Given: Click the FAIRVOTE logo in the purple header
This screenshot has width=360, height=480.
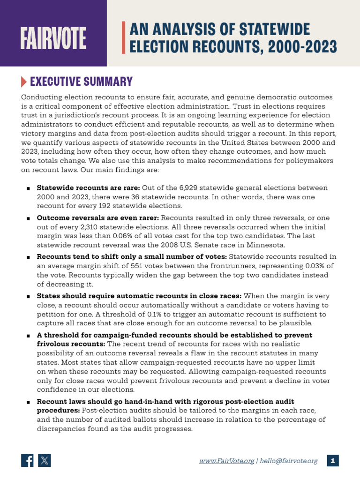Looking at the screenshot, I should [x=53, y=39].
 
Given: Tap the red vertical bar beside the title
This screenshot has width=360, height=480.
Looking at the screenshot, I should [x=124, y=37].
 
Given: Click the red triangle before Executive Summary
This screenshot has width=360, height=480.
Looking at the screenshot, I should [x=24, y=82].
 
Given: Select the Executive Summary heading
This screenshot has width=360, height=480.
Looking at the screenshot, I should [x=81, y=82].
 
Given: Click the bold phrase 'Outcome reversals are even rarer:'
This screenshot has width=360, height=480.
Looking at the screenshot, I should [x=97, y=218].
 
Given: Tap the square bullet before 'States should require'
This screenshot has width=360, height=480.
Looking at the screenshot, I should [x=29, y=297].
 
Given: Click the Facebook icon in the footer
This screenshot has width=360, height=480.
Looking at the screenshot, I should [x=28, y=460].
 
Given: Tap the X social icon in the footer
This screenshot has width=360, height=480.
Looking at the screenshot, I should [x=44, y=460].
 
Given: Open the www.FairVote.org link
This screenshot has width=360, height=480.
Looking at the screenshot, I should [x=226, y=461].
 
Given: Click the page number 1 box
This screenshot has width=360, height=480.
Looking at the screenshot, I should [x=333, y=460].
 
